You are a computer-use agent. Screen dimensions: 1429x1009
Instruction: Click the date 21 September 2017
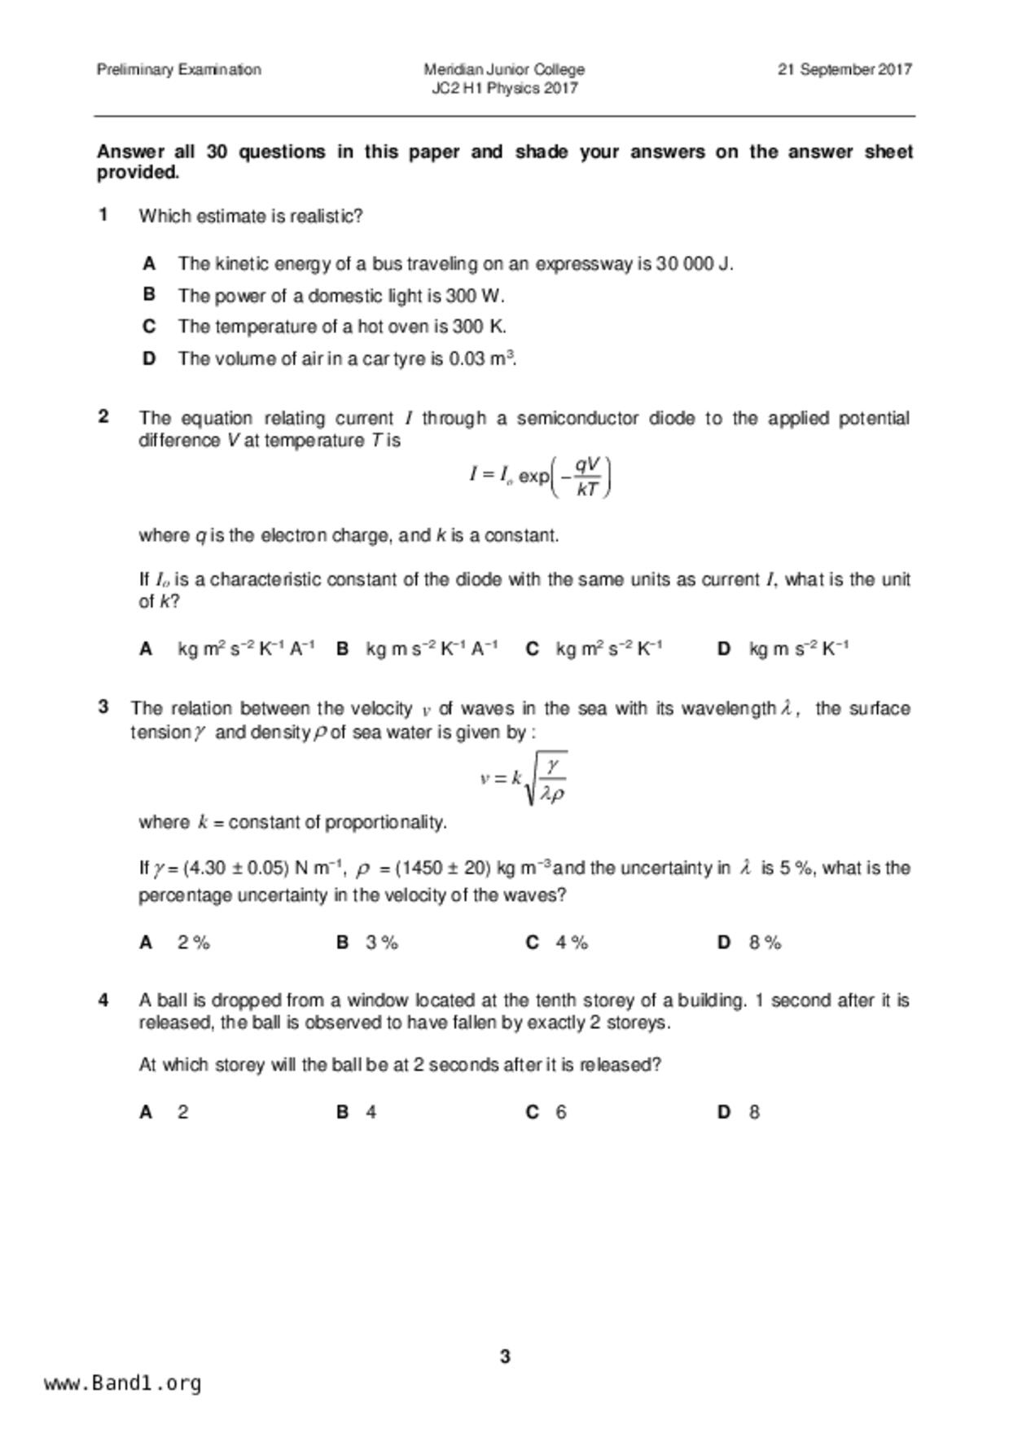pyautogui.click(x=844, y=70)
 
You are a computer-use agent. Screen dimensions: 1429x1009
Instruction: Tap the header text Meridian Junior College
pyautogui.click(x=504, y=70)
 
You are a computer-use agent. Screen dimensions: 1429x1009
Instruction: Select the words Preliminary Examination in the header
pyautogui.click(x=179, y=70)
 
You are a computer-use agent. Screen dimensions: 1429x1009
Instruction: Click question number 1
pyautogui.click(x=103, y=215)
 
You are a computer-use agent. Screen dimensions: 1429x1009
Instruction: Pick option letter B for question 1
pyautogui.click(x=149, y=295)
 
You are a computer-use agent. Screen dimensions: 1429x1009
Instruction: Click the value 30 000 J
pyautogui.click(x=693, y=264)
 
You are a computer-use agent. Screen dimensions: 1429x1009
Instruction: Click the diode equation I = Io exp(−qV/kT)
pyautogui.click(x=540, y=477)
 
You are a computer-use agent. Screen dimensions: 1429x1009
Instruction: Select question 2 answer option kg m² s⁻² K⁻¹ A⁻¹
pyautogui.click(x=246, y=649)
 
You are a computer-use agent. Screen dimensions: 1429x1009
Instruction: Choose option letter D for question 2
pyautogui.click(x=723, y=649)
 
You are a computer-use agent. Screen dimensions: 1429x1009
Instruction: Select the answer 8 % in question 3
pyautogui.click(x=765, y=943)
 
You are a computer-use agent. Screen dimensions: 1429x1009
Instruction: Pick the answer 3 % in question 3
pyautogui.click(x=382, y=943)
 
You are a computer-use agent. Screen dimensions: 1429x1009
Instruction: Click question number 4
pyautogui.click(x=103, y=1000)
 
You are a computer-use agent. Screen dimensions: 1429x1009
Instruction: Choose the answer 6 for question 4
pyautogui.click(x=561, y=1112)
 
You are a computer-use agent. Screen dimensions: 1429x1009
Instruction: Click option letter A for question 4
pyautogui.click(x=147, y=1112)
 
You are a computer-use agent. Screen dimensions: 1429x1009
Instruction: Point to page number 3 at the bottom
pyautogui.click(x=505, y=1356)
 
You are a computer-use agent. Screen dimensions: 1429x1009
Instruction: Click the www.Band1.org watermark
pyautogui.click(x=123, y=1383)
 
